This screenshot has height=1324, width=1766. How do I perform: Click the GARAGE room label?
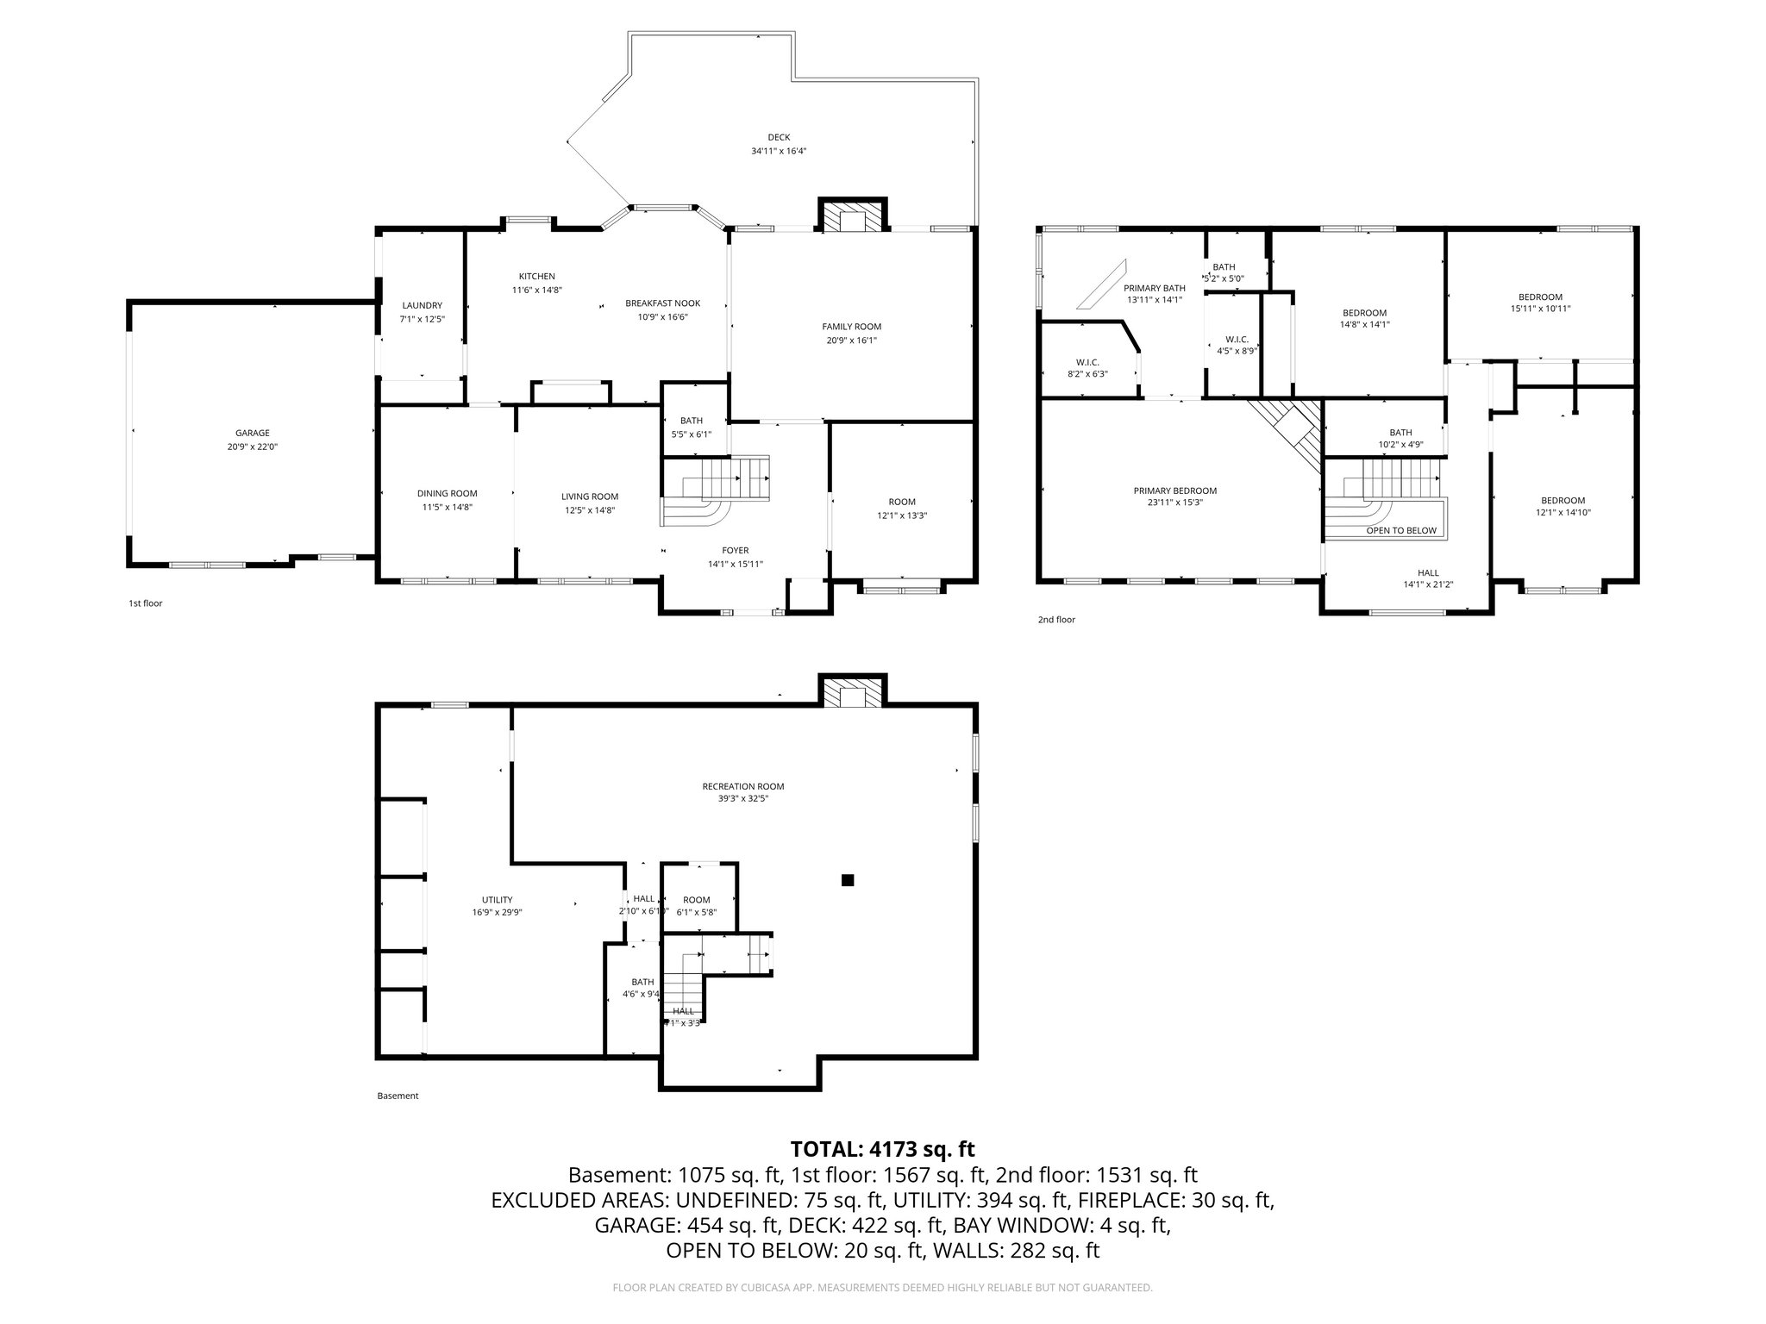(x=253, y=434)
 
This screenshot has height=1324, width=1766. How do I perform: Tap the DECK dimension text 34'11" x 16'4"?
(x=778, y=151)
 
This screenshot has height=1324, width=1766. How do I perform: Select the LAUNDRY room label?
(x=422, y=305)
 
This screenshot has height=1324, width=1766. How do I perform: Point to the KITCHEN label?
(x=536, y=277)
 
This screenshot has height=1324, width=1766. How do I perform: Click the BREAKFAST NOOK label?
(x=662, y=303)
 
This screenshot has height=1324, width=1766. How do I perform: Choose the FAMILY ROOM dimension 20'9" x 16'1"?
(x=851, y=340)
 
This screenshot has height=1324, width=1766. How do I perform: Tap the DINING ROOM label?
(x=447, y=494)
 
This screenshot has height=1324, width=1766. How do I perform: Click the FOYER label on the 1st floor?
(x=735, y=551)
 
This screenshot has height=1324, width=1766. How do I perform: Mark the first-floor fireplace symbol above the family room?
(x=853, y=217)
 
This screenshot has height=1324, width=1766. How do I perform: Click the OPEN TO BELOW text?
(x=1401, y=531)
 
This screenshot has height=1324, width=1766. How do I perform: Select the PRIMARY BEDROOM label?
(x=1174, y=490)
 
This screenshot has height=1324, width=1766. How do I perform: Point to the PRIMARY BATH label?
(x=1154, y=288)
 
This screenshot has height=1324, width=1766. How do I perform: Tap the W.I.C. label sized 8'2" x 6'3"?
(x=1087, y=362)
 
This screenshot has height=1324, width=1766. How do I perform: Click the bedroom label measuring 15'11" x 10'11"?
(x=1540, y=297)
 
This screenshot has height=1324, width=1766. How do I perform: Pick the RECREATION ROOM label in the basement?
(x=742, y=786)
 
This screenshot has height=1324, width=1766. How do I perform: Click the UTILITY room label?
(x=497, y=900)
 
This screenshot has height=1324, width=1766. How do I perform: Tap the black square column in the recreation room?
(x=848, y=880)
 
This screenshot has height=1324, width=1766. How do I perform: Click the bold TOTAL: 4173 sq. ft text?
(x=882, y=1149)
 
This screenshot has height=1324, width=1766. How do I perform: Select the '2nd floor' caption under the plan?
(x=1056, y=620)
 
